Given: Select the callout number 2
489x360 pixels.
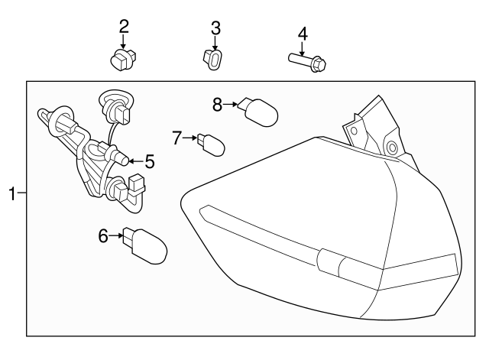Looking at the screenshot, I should pyautogui.click(x=124, y=26).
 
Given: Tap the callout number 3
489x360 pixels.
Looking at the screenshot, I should pyautogui.click(x=215, y=28).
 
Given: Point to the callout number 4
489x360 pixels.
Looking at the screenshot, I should pyautogui.click(x=303, y=34).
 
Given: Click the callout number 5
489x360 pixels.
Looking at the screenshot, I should pyautogui.click(x=150, y=161).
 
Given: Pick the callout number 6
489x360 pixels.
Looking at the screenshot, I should pyautogui.click(x=104, y=236).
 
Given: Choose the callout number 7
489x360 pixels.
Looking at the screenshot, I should pyautogui.click(x=177, y=138).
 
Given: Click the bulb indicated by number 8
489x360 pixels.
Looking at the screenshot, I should pyautogui.click(x=257, y=113).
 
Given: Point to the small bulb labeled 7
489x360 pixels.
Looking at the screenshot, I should pyautogui.click(x=210, y=144).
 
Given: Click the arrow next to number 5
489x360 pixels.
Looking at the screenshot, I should pyautogui.click(x=134, y=161).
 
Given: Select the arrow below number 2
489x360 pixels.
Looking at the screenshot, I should pyautogui.click(x=124, y=42).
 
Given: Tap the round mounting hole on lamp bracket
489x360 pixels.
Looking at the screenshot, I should pyautogui.click(x=392, y=147).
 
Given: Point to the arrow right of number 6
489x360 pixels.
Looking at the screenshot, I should pyautogui.click(x=117, y=236).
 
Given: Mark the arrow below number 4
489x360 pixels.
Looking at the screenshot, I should pyautogui.click(x=303, y=49).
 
